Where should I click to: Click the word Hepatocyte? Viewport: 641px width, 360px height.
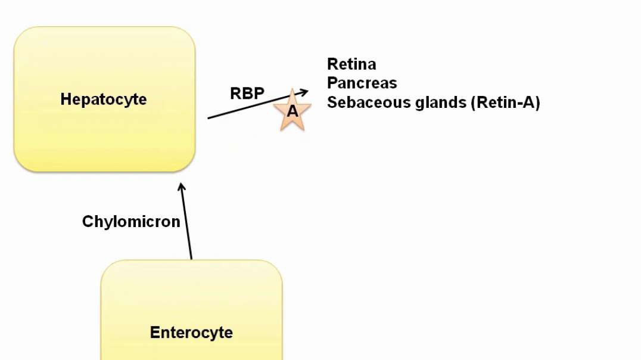(104, 99)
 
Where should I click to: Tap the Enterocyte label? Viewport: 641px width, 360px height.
(191, 332)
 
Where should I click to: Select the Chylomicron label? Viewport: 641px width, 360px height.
(131, 222)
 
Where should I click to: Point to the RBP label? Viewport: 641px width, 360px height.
(247, 94)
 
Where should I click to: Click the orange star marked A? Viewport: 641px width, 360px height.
(292, 112)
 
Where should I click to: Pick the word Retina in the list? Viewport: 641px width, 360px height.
(351, 64)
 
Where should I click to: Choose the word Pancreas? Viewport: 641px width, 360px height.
(362, 83)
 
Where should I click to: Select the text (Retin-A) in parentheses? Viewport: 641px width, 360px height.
(505, 103)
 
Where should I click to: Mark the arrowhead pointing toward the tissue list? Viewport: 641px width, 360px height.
(306, 91)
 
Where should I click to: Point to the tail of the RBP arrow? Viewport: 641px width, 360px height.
(209, 118)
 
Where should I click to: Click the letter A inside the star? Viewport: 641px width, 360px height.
(293, 111)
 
